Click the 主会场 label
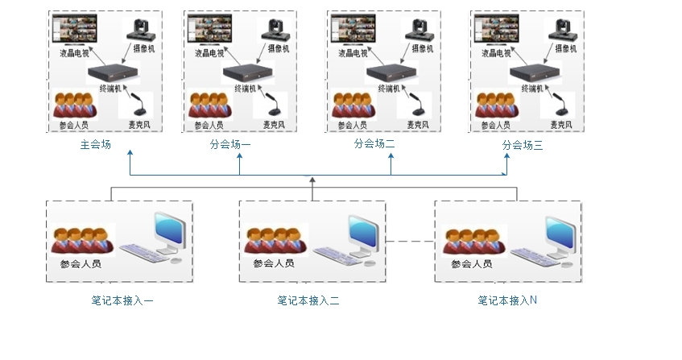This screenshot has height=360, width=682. click(95, 144)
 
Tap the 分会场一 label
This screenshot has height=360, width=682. click(230, 144)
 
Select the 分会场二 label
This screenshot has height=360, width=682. click(374, 143)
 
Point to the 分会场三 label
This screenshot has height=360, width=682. click(523, 145)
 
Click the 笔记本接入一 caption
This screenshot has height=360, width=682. click(122, 300)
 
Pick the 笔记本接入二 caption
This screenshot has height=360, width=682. click(308, 300)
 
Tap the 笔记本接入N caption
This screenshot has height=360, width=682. click(507, 300)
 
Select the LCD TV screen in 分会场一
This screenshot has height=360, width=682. click(209, 30)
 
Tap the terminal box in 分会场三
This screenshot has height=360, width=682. click(535, 73)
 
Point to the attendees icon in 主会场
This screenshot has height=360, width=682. click(75, 105)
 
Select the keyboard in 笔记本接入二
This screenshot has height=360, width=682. click(337, 255)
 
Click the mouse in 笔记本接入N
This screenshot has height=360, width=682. click(566, 263)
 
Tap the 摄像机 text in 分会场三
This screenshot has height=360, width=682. click(565, 48)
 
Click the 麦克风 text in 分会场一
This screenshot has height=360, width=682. click(274, 125)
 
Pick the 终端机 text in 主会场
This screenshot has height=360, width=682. click(110, 89)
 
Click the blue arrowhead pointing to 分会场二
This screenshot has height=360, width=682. click(391, 156)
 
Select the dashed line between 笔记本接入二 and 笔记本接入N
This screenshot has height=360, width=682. click(410, 242)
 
